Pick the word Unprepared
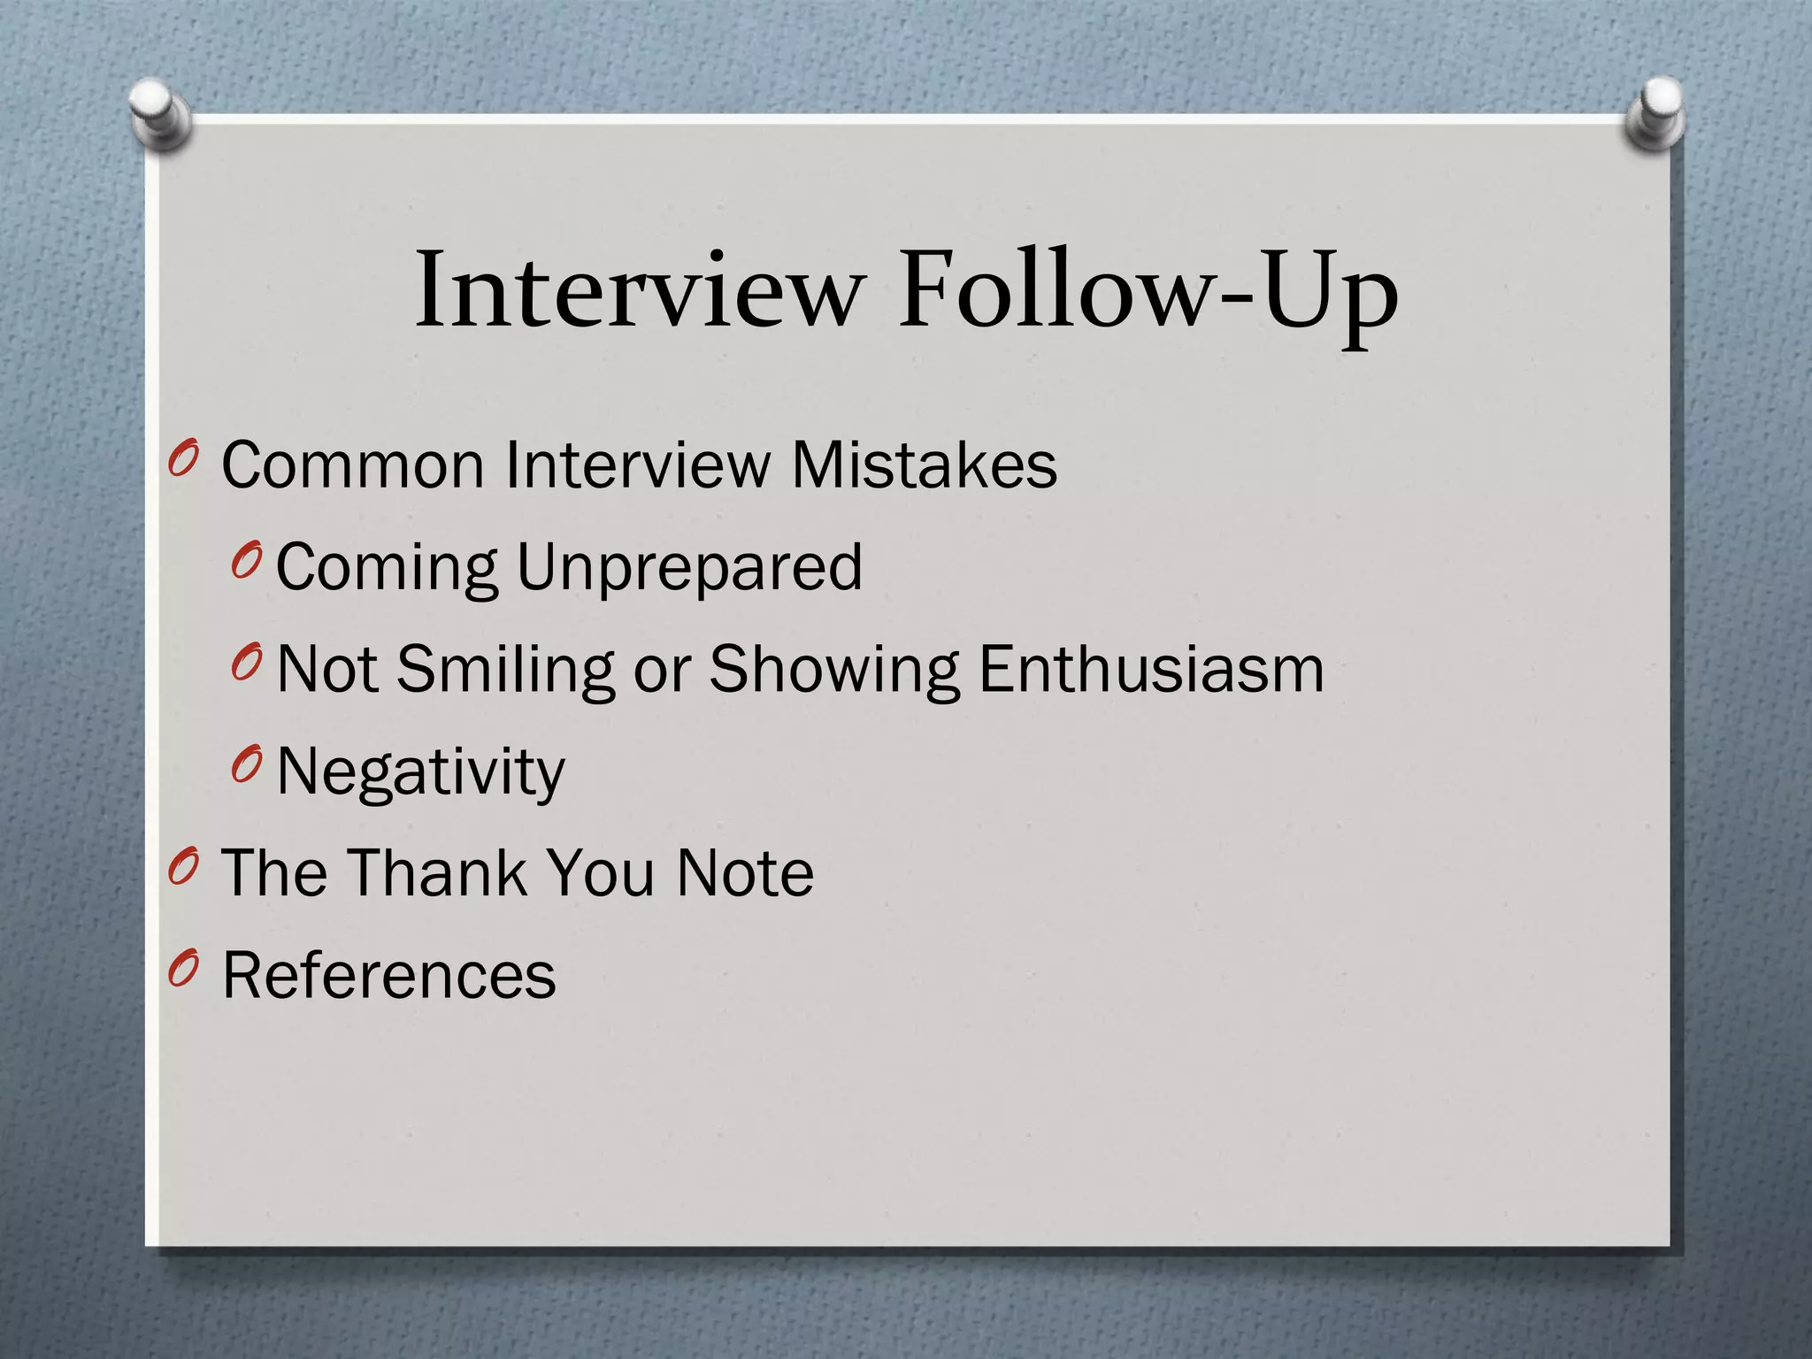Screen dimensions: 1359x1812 [x=688, y=568]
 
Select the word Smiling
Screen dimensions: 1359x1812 [x=505, y=670]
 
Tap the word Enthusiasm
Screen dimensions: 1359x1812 [x=1151, y=670]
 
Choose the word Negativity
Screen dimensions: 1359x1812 [x=421, y=772]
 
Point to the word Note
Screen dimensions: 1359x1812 [x=744, y=873]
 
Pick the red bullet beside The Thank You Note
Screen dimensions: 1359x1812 [x=182, y=868]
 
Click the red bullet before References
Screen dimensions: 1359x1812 [x=182, y=970]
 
